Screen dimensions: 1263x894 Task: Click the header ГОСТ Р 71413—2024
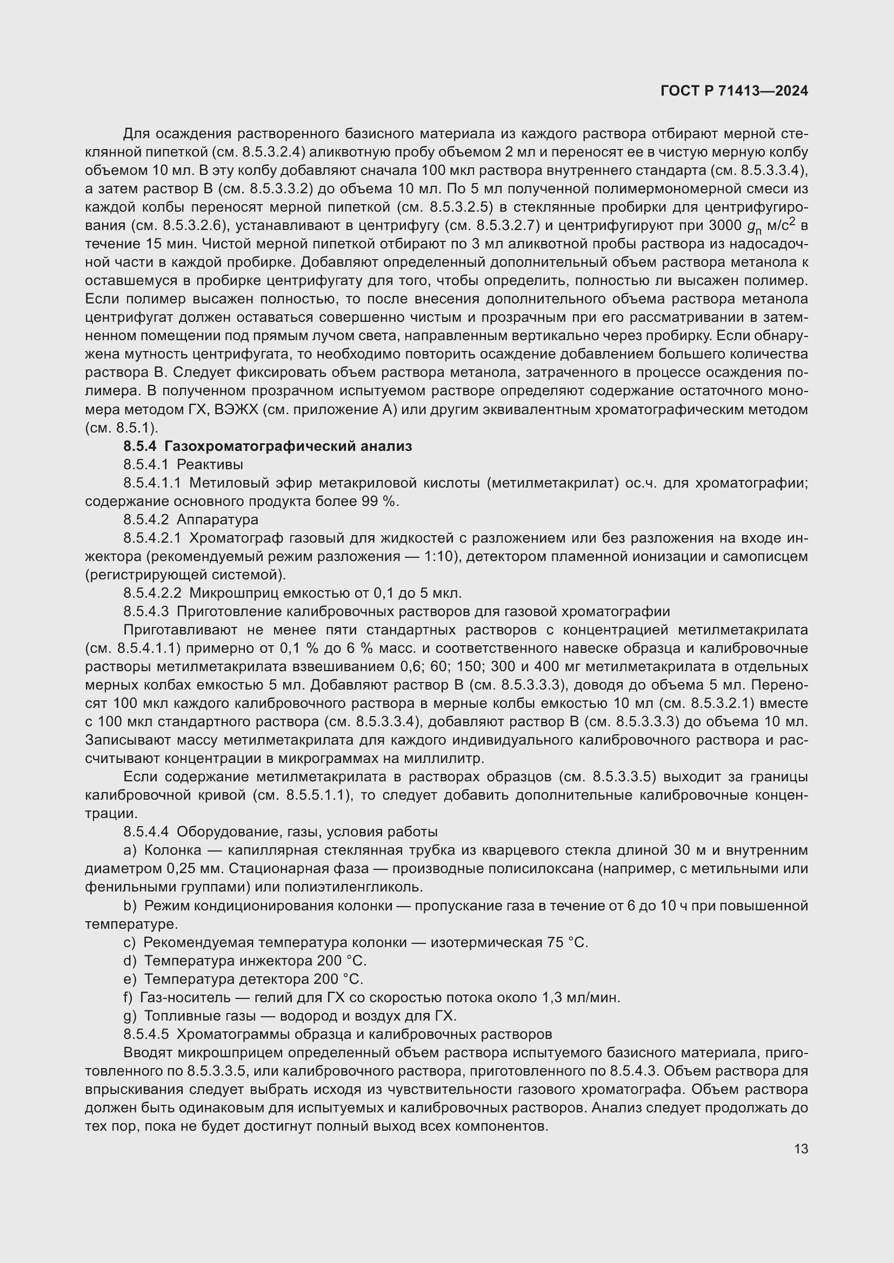734,91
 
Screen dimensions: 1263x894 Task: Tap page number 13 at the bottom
801,1149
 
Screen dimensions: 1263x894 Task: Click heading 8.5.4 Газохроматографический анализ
268,446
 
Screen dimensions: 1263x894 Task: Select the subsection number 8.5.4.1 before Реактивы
146,465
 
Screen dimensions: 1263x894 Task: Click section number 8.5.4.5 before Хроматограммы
146,1034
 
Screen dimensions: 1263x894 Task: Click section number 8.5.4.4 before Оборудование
146,832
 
